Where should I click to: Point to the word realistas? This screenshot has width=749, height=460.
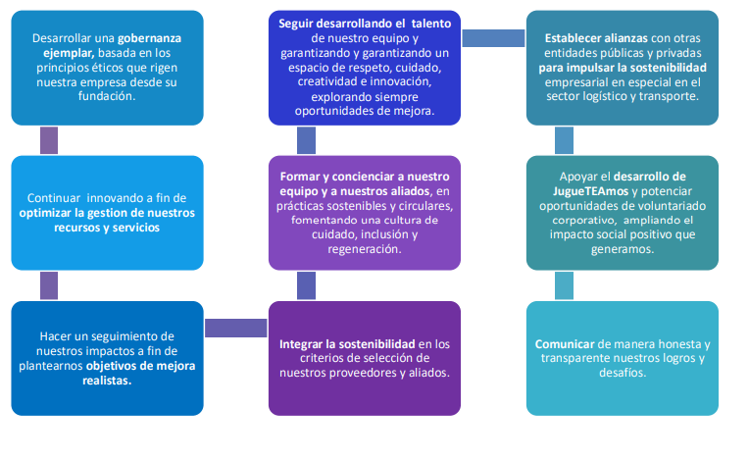tap(108, 381)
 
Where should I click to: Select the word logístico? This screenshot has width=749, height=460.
tap(600, 97)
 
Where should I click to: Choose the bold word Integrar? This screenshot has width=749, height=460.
tap(306, 343)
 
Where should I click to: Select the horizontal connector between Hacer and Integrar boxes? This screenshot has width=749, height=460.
tap(236, 328)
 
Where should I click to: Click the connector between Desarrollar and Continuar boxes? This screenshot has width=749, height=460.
tap(48, 140)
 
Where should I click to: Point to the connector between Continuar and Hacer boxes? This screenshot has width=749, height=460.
tap(48, 284)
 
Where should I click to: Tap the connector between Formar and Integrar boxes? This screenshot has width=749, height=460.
tap(306, 284)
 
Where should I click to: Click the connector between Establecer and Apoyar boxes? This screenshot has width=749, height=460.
tap(564, 140)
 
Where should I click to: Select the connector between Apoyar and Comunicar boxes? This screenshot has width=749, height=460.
tap(564, 284)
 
